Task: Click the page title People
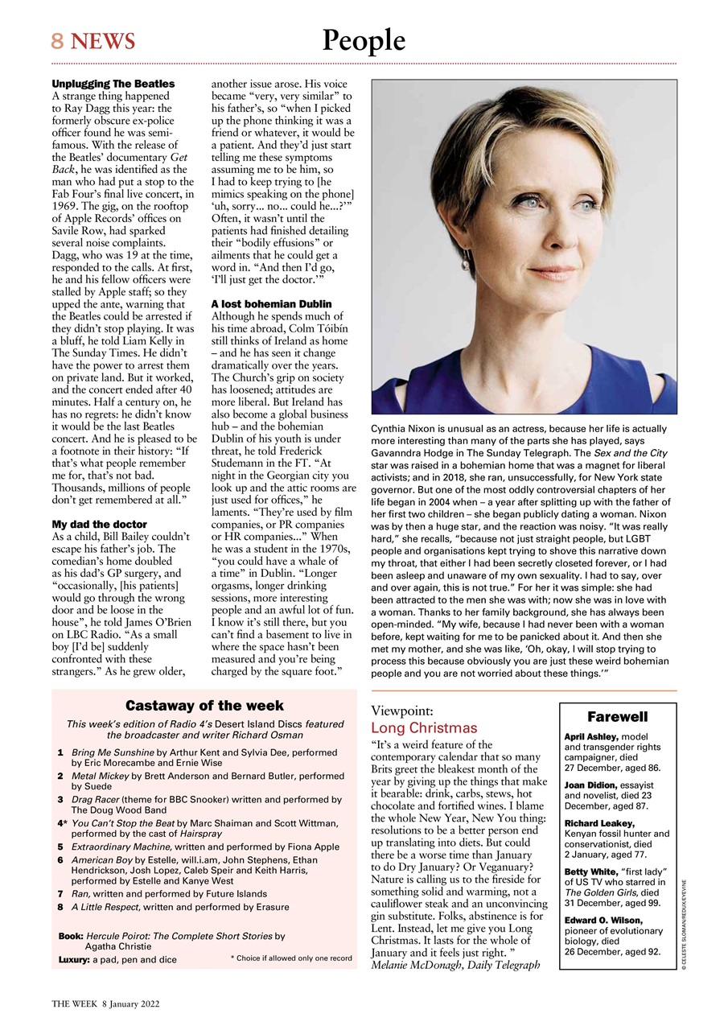[364, 40]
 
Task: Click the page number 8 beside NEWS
[57, 41]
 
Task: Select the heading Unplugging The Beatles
[113, 84]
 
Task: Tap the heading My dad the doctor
[100, 524]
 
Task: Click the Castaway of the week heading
[204, 706]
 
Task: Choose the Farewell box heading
[617, 716]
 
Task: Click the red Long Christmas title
[424, 727]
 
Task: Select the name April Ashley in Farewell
[591, 736]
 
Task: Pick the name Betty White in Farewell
[590, 871]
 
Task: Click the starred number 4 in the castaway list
[61, 823]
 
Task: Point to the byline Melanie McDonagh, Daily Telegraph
[455, 964]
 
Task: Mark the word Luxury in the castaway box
[74, 960]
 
